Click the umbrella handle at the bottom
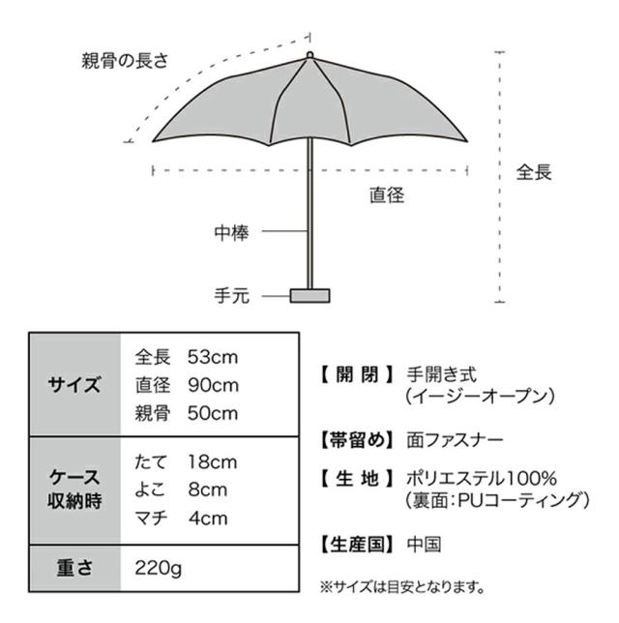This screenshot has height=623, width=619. coord(309,296)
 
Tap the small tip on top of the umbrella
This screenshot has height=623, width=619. coord(309,55)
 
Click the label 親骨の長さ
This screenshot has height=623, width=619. coord(125,61)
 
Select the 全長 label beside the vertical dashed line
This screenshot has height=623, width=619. coord(534,172)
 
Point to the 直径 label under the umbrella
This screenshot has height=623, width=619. coord(387,195)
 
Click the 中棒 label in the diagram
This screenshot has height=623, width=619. coord(231,232)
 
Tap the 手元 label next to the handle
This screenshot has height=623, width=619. coord(231,296)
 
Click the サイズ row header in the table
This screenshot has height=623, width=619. coord(74,385)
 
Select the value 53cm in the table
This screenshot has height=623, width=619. coord(213,357)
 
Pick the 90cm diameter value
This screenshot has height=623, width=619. coord(214,385)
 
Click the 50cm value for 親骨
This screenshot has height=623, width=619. coord(213,414)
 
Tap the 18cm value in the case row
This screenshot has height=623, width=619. coord(213,462)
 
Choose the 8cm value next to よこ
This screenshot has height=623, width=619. coord(208,489)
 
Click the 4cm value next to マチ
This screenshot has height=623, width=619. coord(208,519)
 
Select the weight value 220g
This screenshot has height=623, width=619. coord(158,568)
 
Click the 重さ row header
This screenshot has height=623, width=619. coord(74,567)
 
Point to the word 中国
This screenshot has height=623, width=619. coord(424,545)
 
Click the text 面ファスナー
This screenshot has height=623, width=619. coord(455,440)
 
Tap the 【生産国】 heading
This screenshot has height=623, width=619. coord(357,545)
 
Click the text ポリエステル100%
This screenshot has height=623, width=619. coord(482,479)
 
